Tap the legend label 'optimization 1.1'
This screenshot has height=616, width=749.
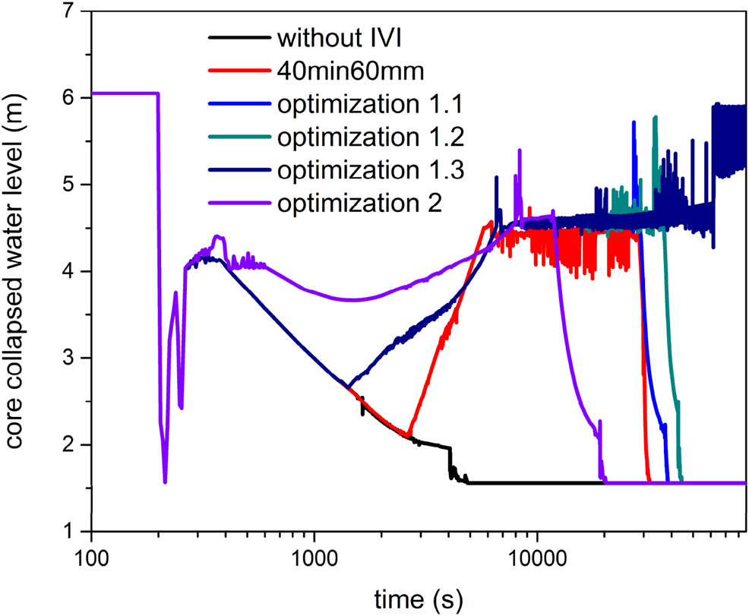point(371,103)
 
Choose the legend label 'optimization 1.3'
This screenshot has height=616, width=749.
point(371,170)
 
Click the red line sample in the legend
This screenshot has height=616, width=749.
point(237,71)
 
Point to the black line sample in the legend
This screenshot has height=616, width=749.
point(237,38)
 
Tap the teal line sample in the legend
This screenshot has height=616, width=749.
point(237,137)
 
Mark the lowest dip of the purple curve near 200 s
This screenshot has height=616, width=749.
point(165,482)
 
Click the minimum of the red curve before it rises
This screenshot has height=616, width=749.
point(409,436)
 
